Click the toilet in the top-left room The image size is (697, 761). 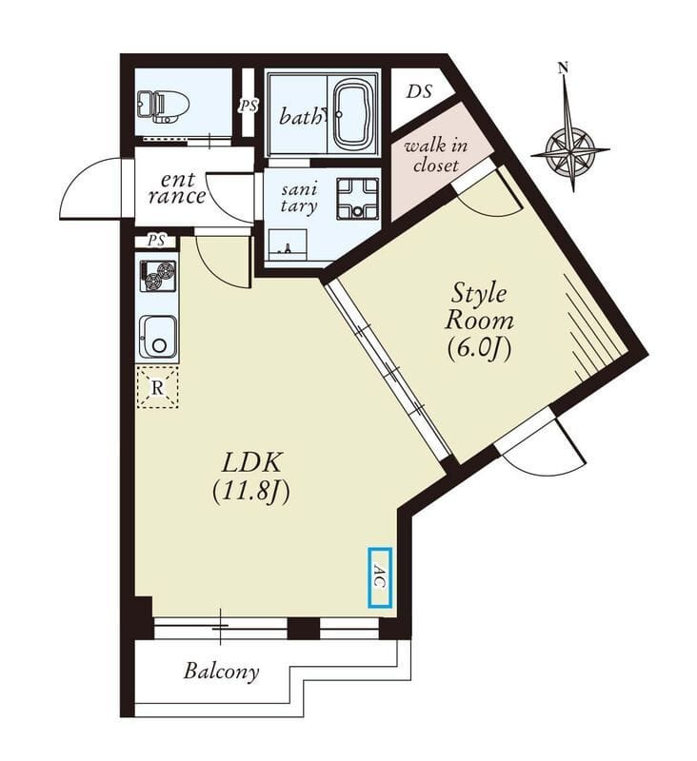(161, 107)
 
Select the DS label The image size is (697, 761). (419, 91)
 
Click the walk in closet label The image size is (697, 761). (436, 155)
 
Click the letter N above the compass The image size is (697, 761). (564, 68)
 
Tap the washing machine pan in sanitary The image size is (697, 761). (358, 199)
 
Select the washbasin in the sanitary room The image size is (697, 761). (288, 245)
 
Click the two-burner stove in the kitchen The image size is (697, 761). (158, 276)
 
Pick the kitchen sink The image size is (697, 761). (158, 337)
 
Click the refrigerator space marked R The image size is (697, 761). (157, 387)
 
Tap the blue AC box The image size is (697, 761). (379, 577)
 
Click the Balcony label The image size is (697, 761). (221, 672)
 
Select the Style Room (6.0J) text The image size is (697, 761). (479, 322)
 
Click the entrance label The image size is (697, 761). (177, 188)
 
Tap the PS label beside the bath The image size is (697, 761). (249, 106)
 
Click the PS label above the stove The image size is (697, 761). (156, 241)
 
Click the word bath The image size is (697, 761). (300, 116)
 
